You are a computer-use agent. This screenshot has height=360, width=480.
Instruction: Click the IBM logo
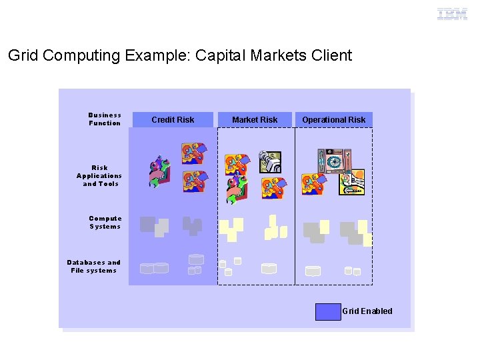[x=452, y=13]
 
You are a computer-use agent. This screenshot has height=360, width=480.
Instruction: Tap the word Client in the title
[x=331, y=55]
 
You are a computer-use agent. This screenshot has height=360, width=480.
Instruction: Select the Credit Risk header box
[x=173, y=120]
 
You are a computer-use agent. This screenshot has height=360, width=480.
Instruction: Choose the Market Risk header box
[x=255, y=120]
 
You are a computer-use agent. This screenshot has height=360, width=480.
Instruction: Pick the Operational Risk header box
[x=333, y=120]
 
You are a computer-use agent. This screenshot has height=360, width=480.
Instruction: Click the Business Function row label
[x=105, y=119]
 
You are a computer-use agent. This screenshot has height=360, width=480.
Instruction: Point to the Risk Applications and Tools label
[x=99, y=176]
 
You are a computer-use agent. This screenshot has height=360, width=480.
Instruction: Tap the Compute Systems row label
[x=105, y=223]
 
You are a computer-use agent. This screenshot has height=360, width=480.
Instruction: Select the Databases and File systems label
[x=94, y=267]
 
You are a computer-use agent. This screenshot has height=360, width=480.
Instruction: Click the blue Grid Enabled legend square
[x=327, y=311]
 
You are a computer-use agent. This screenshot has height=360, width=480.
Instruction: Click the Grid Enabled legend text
[x=367, y=311]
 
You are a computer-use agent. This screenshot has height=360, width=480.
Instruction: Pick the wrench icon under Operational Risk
[x=351, y=183]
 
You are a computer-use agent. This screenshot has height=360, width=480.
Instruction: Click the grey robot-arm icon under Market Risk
[x=270, y=161]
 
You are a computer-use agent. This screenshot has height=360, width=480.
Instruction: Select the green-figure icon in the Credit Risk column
[x=159, y=172]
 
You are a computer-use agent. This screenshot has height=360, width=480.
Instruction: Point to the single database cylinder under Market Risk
[x=269, y=269]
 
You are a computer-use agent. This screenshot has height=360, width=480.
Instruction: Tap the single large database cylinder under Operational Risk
[x=313, y=271]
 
